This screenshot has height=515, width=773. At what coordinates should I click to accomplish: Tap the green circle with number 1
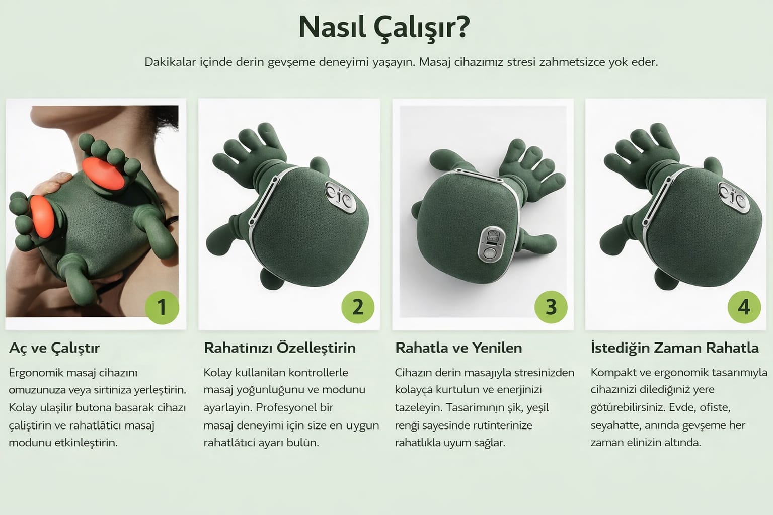[x=162, y=307]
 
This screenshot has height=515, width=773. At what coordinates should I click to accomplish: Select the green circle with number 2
[x=358, y=307]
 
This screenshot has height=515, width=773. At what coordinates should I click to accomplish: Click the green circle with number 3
[x=551, y=307]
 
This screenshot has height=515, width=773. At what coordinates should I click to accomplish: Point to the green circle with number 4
[x=744, y=307]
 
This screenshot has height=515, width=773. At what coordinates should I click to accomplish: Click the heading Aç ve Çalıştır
[x=54, y=348]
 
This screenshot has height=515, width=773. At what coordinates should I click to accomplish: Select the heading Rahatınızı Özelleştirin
[x=279, y=348]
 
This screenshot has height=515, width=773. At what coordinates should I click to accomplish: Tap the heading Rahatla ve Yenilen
[x=458, y=348]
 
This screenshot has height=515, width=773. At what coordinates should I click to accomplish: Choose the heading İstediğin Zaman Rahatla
[x=675, y=348]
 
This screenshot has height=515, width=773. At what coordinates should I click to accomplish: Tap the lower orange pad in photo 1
[x=42, y=217]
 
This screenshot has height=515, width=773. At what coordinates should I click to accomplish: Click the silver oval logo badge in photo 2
[x=341, y=197]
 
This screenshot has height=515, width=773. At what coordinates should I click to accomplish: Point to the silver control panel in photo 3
[x=491, y=244]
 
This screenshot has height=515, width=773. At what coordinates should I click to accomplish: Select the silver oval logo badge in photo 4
[x=734, y=197]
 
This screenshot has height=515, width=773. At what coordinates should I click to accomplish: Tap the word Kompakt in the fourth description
[x=612, y=373]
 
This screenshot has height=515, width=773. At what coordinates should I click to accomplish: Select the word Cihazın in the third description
[x=413, y=373]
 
